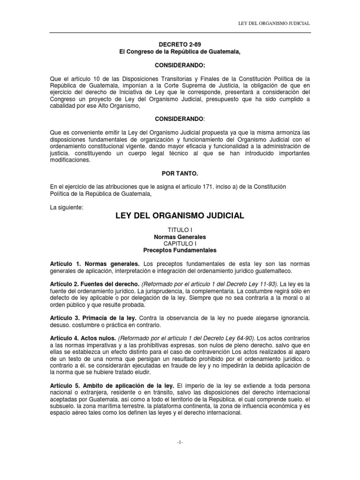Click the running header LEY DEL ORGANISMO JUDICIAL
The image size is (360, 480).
(x=274, y=23)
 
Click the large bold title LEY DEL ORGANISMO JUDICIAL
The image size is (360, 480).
(x=180, y=216)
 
